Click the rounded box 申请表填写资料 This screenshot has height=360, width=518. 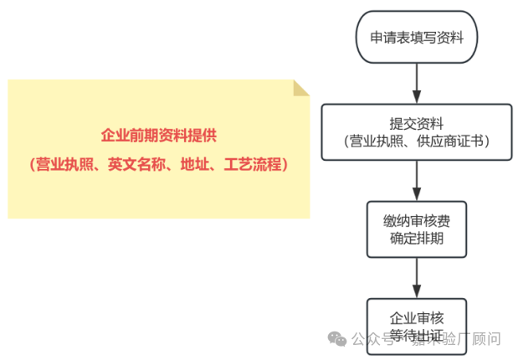[417, 38]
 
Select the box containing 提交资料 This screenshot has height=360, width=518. [417, 131]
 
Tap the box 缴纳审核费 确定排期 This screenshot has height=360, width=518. [417, 229]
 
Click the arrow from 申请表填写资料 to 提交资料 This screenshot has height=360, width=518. [417, 83]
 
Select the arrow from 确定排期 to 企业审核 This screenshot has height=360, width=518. [417, 276]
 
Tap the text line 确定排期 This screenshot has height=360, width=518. [417, 238]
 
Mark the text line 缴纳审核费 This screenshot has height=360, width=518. [417, 219]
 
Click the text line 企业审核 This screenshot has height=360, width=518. [417, 318]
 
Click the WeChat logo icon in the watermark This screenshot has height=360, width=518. [336, 339]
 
